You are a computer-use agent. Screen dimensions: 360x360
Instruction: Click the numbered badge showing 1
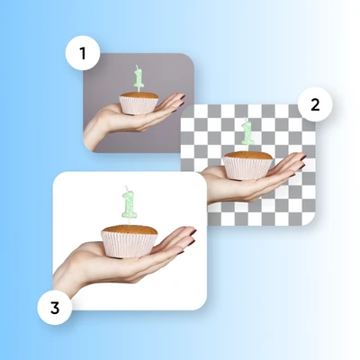click(83, 53)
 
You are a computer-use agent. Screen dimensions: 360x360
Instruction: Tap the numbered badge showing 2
click(315, 104)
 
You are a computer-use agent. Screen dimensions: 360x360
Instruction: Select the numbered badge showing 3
click(55, 308)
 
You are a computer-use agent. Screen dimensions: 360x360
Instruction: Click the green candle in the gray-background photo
click(139, 79)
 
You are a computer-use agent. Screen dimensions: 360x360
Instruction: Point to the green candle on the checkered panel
click(247, 133)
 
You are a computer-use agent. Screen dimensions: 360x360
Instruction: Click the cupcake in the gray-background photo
click(139, 103)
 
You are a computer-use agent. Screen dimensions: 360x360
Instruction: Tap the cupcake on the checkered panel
click(247, 166)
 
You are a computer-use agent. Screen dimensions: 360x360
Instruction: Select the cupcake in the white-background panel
click(130, 241)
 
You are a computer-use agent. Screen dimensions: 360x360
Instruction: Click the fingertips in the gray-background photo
click(179, 102)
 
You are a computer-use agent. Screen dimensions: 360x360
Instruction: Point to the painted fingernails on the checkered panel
click(301, 165)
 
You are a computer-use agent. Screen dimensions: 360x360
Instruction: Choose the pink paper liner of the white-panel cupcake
click(130, 245)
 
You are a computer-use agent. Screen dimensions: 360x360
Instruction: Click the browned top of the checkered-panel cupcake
click(248, 155)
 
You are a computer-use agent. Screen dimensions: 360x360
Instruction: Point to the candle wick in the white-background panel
click(127, 189)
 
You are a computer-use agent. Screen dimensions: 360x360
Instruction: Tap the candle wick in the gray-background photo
click(137, 67)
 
